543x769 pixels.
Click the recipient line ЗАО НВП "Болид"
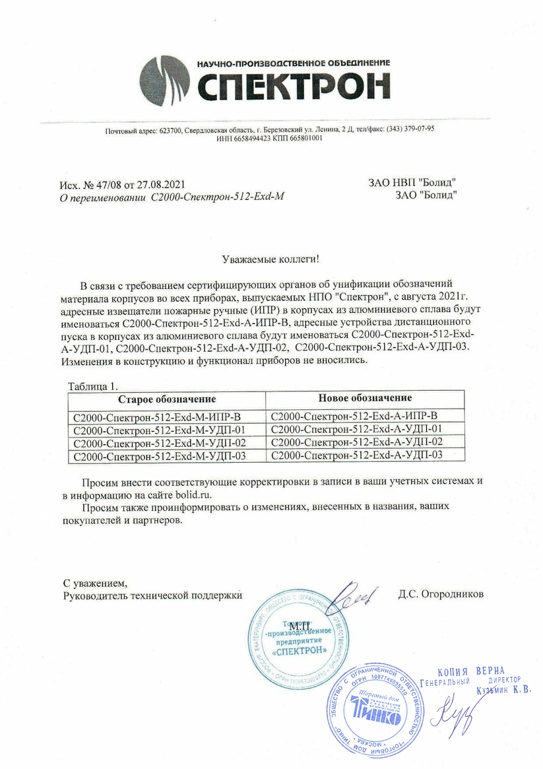413,183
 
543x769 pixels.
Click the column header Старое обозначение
167,400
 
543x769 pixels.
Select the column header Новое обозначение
365,399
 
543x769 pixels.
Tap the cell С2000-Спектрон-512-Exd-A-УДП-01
356,429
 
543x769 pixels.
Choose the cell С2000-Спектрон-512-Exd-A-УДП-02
356,442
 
